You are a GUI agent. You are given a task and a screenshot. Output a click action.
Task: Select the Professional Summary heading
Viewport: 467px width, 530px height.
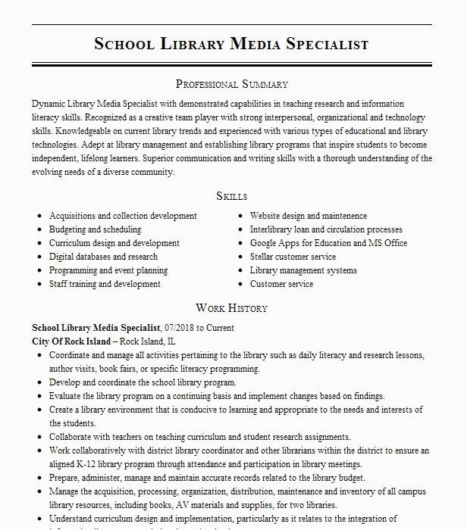point(232,84)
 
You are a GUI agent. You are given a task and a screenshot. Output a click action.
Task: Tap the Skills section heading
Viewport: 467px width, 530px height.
point(232,196)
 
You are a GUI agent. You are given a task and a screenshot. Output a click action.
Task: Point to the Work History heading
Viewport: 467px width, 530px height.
point(232,308)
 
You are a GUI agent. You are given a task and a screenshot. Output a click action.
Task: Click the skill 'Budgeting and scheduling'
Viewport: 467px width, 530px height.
point(95,229)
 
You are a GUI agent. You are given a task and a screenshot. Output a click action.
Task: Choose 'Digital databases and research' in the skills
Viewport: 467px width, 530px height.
point(104,257)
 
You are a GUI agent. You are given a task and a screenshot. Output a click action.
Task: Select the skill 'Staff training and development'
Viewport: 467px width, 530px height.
point(105,284)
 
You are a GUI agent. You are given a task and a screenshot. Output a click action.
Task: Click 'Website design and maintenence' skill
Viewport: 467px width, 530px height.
point(298,216)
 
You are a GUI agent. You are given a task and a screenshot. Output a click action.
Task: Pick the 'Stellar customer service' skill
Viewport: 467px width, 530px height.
point(293,257)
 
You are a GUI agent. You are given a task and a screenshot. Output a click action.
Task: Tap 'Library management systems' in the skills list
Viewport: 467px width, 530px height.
point(303,270)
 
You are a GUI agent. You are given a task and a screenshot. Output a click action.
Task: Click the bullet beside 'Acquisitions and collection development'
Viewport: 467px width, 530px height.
point(39,217)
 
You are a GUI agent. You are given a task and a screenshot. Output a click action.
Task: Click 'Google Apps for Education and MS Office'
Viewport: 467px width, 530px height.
point(328,243)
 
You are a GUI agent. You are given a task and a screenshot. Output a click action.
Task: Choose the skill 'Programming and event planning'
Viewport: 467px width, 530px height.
point(108,270)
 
